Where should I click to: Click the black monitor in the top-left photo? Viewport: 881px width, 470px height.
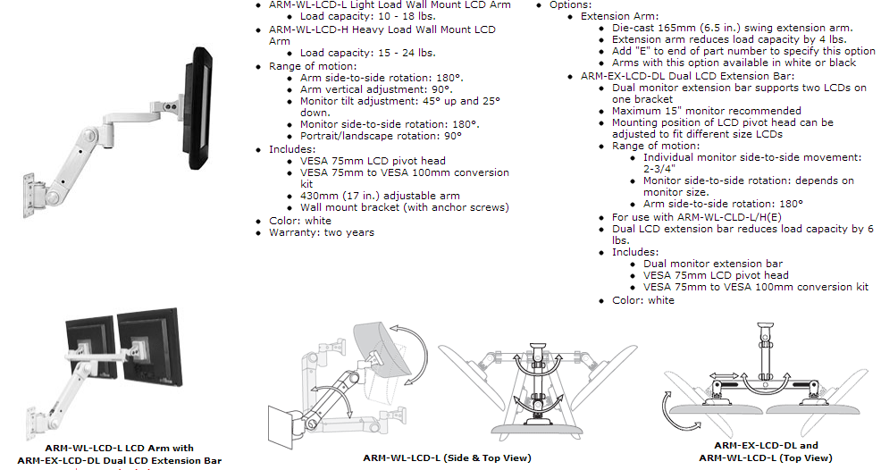[197, 107]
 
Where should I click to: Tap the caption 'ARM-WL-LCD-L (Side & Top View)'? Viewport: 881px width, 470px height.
[448, 457]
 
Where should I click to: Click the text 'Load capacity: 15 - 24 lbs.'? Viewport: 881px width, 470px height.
[367, 53]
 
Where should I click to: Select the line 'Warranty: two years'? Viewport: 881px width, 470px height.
[322, 232]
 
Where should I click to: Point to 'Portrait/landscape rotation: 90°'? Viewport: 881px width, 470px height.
[381, 136]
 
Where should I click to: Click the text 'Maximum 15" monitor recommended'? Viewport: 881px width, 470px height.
[706, 111]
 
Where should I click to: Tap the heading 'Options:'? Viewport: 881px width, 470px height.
[570, 5]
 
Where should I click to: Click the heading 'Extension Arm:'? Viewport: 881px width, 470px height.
[620, 16]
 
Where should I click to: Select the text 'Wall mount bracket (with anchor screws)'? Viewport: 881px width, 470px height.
[405, 207]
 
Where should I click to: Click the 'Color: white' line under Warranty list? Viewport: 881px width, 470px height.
[300, 221]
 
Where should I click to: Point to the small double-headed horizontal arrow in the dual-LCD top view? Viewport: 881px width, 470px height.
[724, 375]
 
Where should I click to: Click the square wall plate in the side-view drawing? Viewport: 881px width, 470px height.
[287, 426]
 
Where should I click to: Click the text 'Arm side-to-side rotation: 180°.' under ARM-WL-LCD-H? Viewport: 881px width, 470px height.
[382, 78]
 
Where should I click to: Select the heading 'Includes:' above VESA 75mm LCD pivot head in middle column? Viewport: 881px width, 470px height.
[292, 149]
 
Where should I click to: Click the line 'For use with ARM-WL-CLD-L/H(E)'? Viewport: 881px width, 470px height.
[697, 217]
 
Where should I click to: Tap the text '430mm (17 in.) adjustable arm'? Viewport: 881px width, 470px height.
[380, 196]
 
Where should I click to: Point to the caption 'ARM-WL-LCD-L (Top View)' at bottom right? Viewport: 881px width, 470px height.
[765, 457]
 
